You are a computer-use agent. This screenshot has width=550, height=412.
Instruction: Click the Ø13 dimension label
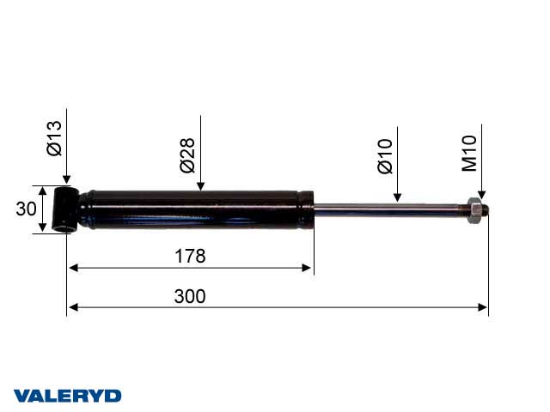click(x=54, y=138)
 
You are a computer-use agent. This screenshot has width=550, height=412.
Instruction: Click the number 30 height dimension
click(x=26, y=209)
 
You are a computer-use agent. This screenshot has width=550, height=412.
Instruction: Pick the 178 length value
click(x=189, y=256)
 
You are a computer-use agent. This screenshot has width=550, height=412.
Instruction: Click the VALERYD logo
click(x=67, y=396)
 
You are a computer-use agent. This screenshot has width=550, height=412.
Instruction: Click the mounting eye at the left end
click(x=65, y=209)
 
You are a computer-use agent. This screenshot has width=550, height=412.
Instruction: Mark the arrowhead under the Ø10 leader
click(x=396, y=197)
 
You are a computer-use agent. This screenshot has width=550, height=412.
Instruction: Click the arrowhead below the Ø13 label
click(x=66, y=181)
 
